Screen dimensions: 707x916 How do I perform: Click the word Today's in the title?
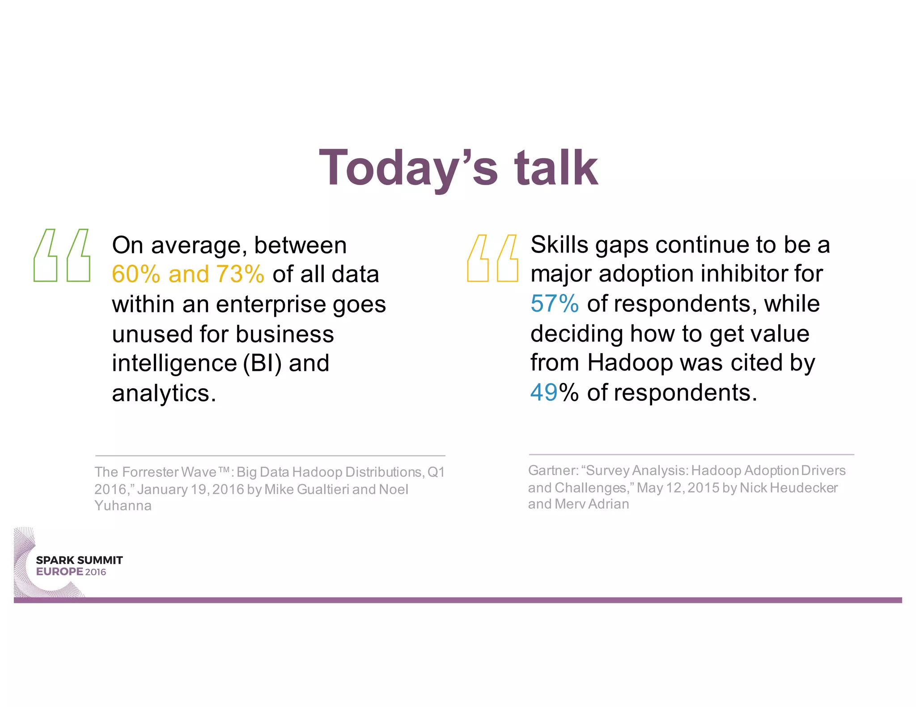point(407,168)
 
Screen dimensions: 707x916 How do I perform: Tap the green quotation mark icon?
point(62,255)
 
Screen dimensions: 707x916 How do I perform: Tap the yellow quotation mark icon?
point(492,258)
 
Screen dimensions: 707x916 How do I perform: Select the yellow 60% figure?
point(136,274)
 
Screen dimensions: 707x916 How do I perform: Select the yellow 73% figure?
point(240,274)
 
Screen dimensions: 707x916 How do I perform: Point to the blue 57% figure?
point(554,304)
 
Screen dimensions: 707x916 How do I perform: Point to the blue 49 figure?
point(543,392)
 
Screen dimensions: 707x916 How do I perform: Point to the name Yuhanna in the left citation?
point(123,506)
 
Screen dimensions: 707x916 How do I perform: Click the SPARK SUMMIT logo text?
point(79,560)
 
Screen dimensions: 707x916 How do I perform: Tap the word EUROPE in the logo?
point(59,572)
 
